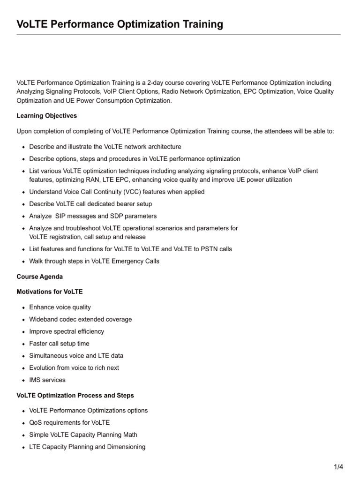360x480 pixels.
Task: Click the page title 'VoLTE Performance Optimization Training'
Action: coord(120,24)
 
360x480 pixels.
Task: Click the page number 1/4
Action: coord(338,467)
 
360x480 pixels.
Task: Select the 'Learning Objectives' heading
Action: coord(46,115)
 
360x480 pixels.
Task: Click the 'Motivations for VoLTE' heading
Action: coord(49,292)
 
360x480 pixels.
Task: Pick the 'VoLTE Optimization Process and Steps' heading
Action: coord(75,396)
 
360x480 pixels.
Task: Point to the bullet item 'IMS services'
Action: coord(47,380)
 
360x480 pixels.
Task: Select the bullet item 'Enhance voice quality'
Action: coord(60,307)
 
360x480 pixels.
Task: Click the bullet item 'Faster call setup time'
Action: coord(59,344)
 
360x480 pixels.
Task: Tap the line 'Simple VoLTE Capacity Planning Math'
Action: coord(83,435)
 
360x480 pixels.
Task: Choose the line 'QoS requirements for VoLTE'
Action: coord(69,422)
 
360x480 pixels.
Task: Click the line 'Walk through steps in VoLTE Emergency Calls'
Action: coord(94,261)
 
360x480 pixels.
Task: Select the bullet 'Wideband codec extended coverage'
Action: coord(81,319)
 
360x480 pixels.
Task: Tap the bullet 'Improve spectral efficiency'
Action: coord(67,331)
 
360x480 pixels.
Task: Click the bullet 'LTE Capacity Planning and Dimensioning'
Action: coord(87,447)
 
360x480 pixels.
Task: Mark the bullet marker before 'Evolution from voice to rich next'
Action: coord(23,368)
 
